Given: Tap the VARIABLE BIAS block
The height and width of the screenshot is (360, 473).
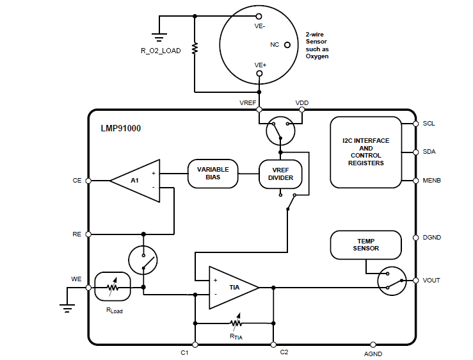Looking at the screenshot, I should point(212,174).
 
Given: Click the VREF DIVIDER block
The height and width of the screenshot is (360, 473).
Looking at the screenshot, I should point(280,174).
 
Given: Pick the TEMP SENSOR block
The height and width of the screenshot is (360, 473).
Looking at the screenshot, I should point(365,244).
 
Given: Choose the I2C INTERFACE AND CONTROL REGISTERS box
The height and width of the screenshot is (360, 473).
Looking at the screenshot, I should point(367,152).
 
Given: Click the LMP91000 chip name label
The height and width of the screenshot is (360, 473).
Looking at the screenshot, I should point(121,128).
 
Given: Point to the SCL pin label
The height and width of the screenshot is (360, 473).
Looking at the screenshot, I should point(429,123).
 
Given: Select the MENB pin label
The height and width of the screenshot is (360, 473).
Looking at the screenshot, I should point(432,180).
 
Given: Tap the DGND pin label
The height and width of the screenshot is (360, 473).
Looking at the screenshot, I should point(432,237).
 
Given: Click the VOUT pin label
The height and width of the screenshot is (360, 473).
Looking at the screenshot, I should point(432,281).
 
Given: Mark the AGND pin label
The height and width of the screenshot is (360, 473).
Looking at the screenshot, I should point(373,353).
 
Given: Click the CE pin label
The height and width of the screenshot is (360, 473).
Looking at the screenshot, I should point(77,181).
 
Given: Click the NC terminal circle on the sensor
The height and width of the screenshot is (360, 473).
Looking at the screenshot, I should point(287,45).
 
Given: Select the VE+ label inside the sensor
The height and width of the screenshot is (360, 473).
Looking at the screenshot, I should point(260,65).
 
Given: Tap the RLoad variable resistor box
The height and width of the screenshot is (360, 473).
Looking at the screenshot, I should point(113,288).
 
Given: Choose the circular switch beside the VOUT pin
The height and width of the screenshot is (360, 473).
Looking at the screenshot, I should point(392,281).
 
